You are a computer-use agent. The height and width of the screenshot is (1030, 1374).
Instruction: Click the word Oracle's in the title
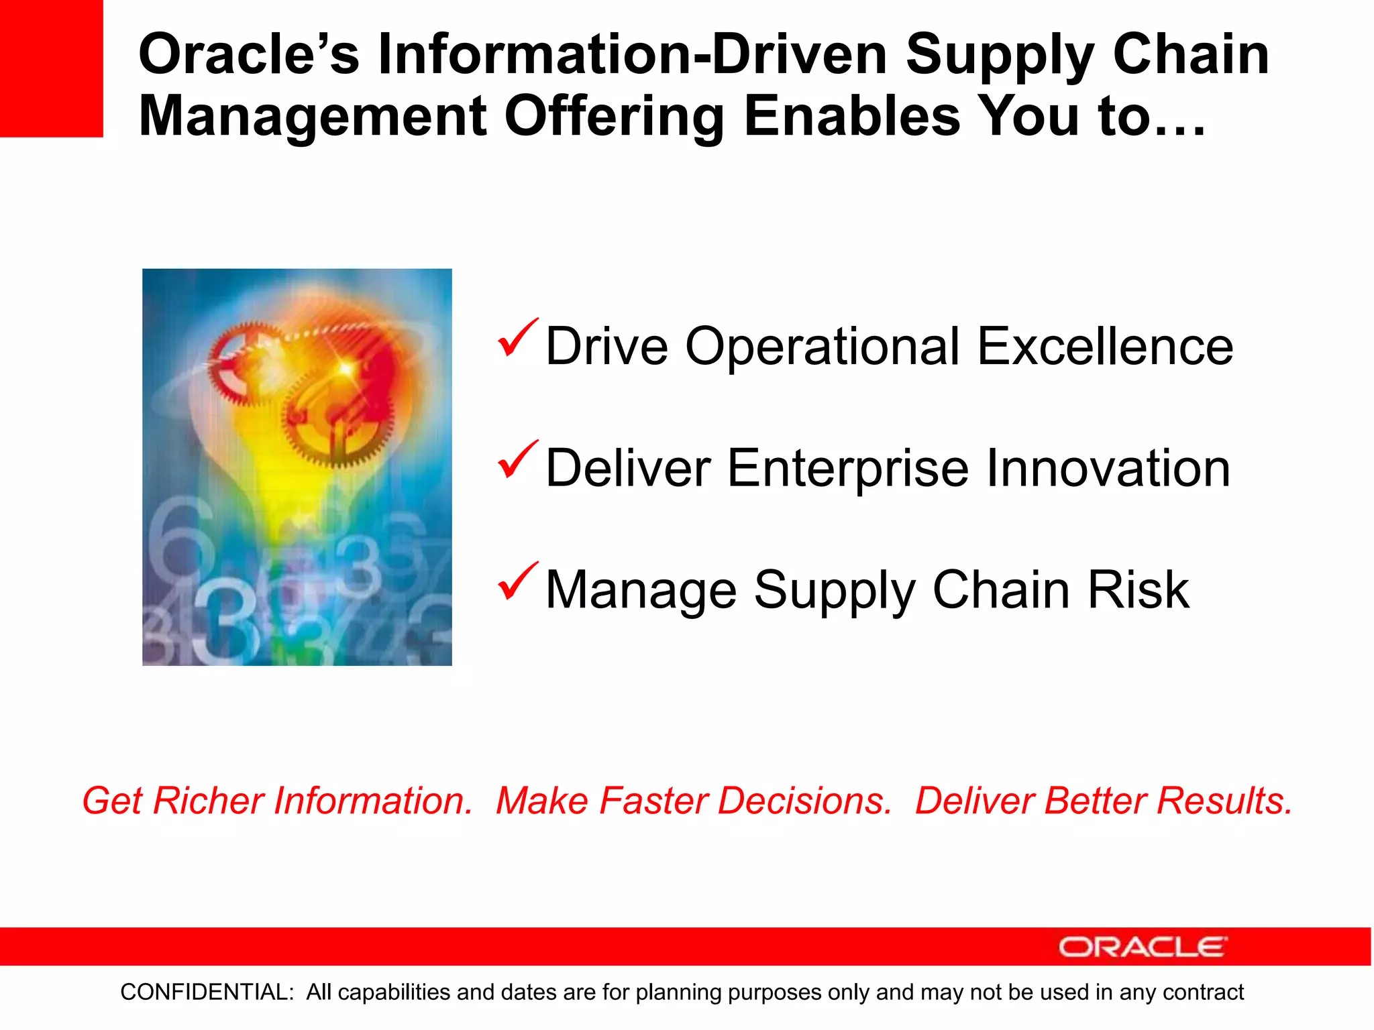point(248,55)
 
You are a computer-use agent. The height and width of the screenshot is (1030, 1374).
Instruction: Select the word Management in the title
point(313,117)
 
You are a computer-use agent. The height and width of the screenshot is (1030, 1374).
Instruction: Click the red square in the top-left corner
point(51,68)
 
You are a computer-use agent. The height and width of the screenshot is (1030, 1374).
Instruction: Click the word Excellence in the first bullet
point(1105,347)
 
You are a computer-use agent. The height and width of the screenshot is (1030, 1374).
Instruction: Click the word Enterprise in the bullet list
point(848,468)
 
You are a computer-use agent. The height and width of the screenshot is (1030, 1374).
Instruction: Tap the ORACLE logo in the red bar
point(1143,947)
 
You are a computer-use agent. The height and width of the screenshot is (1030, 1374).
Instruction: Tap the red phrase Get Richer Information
point(277,801)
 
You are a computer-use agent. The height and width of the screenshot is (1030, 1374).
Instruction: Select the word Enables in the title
point(852,117)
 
